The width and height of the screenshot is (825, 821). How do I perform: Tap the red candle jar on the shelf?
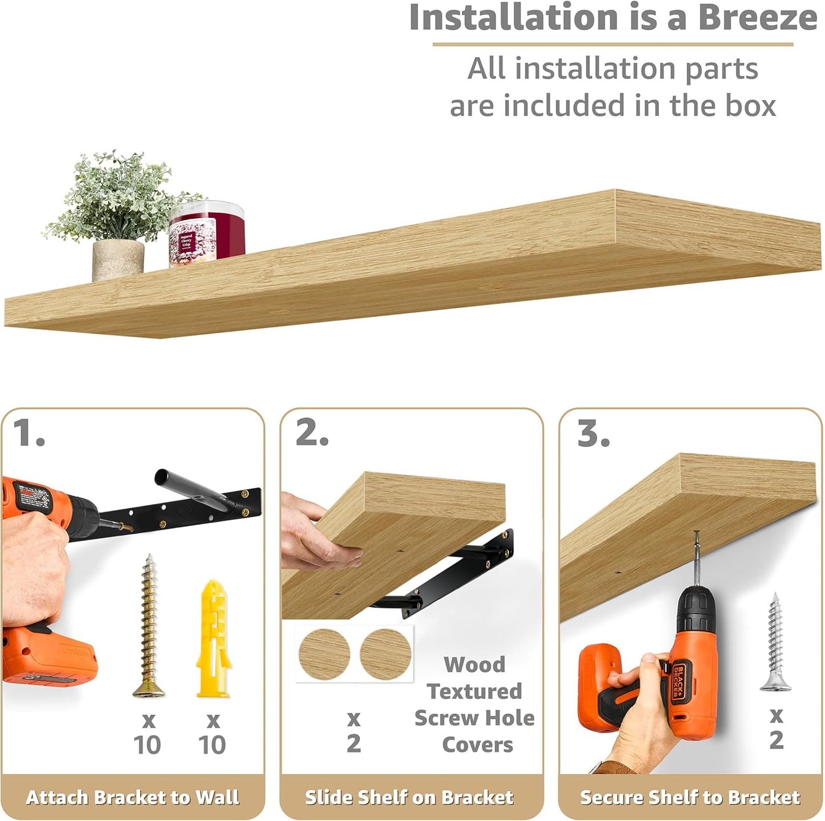[207, 235]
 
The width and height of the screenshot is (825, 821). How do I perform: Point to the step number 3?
[593, 434]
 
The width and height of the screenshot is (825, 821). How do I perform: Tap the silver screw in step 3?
[775, 642]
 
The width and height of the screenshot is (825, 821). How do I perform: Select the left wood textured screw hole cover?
[324, 654]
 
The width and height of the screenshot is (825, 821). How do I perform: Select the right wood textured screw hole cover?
[385, 654]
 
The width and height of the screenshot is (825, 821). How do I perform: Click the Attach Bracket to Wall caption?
[132, 797]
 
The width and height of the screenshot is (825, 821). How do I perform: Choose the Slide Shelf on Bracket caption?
[409, 797]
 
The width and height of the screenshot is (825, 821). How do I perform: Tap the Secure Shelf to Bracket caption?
[690, 797]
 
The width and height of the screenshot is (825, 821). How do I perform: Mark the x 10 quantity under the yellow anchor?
[212, 733]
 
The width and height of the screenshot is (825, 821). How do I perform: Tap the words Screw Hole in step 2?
[474, 718]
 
